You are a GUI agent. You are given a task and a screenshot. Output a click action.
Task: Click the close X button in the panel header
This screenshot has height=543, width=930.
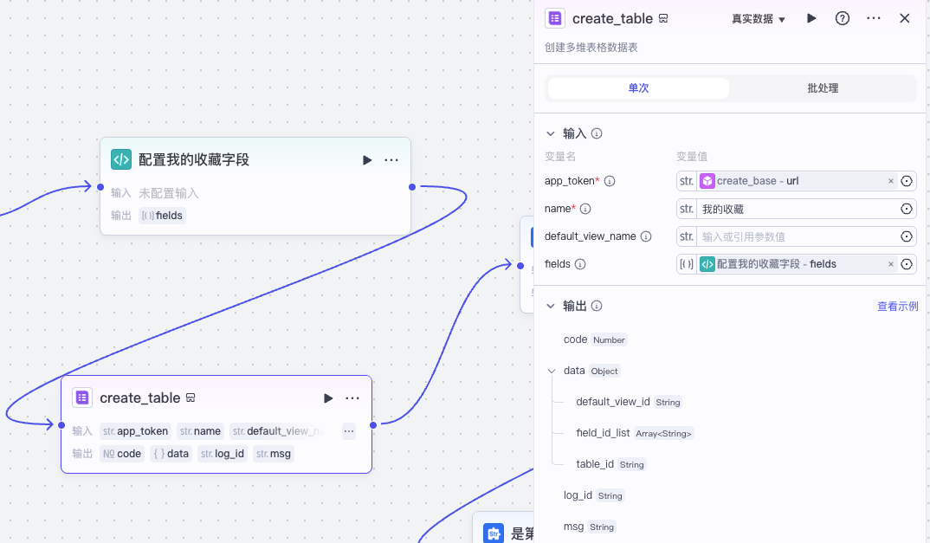(904, 18)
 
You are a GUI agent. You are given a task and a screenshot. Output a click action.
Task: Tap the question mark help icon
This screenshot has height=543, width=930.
(842, 18)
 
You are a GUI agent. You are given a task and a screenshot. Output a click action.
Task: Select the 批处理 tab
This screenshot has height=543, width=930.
(823, 88)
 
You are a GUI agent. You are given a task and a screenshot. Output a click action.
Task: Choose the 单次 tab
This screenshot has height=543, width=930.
(638, 88)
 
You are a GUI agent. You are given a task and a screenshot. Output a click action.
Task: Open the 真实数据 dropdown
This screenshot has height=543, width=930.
(758, 19)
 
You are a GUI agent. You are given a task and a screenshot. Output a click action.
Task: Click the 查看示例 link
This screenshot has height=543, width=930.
(897, 307)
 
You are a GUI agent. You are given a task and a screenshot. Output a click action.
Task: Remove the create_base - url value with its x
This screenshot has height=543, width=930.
(890, 181)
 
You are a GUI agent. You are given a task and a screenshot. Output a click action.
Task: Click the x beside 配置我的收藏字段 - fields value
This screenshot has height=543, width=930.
(890, 264)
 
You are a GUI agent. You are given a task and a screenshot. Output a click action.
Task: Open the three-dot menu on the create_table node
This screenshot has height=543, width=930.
(352, 398)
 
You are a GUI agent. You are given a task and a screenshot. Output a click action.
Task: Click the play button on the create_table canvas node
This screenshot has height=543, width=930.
(328, 398)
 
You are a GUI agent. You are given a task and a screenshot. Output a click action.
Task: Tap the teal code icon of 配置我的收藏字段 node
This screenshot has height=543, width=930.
(121, 159)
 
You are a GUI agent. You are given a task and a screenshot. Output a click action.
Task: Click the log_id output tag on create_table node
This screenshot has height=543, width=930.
(223, 454)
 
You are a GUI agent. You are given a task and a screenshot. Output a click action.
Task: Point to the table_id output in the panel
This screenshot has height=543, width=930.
(595, 464)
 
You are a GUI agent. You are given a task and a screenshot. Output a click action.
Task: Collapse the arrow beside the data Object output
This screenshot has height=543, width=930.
(552, 371)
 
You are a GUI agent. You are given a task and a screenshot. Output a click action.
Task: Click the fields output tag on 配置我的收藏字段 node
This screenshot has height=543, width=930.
(163, 216)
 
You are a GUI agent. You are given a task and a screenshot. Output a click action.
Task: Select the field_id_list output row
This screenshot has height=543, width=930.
(604, 433)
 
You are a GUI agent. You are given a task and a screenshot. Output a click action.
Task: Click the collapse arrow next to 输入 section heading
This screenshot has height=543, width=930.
(550, 134)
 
